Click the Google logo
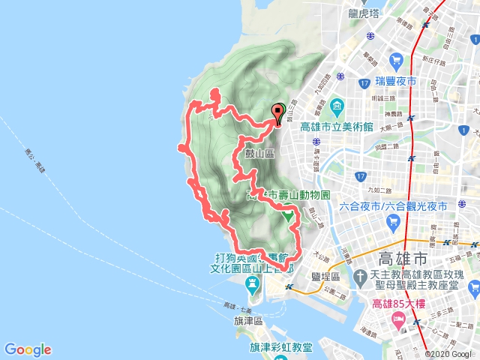pos(28,349)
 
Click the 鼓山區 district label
pos(259,153)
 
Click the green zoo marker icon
pos(287,215)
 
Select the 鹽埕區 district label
pos(325,276)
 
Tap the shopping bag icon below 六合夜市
pos(394,221)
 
